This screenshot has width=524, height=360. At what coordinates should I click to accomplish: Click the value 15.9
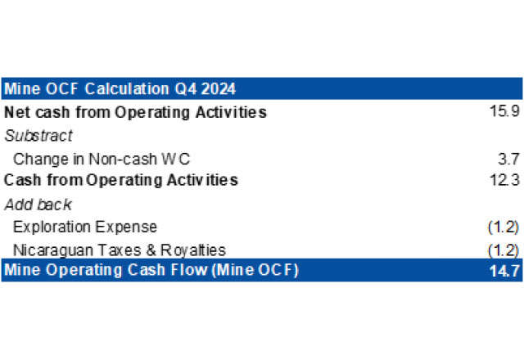tap(504, 111)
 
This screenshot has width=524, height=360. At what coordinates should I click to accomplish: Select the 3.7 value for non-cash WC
tap(508, 159)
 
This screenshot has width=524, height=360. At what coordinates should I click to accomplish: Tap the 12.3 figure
tap(504, 180)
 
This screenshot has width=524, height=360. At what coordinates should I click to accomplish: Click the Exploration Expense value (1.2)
tap(504, 227)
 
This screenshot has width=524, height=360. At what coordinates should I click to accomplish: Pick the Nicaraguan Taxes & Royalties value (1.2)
tap(504, 251)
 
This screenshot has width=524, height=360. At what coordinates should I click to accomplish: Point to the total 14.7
tap(504, 271)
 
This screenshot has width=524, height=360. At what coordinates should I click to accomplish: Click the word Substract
tap(38, 136)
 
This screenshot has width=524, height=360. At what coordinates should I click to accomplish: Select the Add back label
tap(38, 205)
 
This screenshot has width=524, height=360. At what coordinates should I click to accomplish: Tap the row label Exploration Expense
tap(85, 227)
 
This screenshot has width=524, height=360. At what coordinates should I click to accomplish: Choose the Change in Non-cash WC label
tap(102, 159)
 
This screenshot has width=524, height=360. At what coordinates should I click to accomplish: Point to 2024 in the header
tap(219, 89)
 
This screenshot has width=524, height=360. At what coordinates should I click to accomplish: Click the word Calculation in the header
tap(127, 89)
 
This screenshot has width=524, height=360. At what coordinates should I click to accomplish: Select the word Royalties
tap(193, 250)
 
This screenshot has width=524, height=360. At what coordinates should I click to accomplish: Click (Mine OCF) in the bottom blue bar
tap(255, 270)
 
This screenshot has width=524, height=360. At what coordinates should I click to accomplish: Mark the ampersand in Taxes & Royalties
tap(151, 250)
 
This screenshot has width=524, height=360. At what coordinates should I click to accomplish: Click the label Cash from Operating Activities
tap(121, 180)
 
